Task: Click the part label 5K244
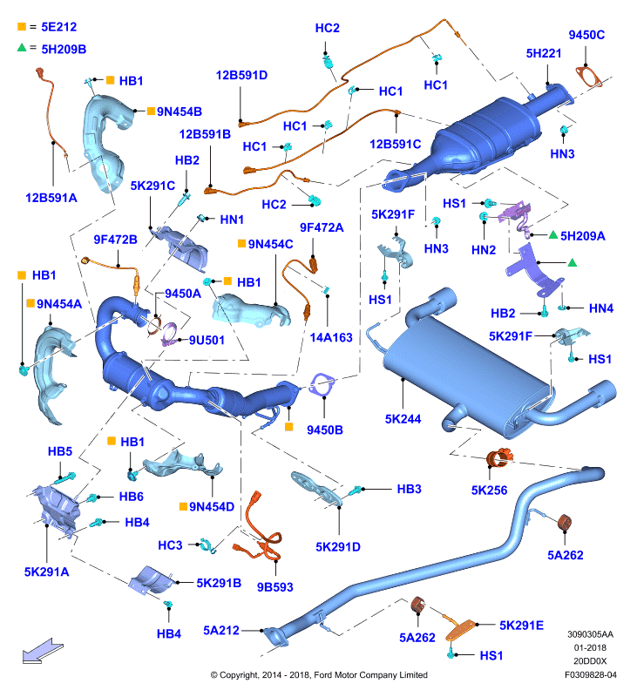click(403, 419)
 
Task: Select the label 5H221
click(543, 53)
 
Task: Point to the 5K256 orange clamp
click(499, 458)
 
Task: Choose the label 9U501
click(207, 340)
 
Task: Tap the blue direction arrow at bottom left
click(43, 651)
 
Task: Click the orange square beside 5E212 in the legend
click(21, 27)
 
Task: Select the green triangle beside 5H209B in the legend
click(22, 47)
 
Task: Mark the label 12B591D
click(241, 75)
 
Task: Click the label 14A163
click(331, 337)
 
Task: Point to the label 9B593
click(275, 587)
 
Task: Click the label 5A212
click(221, 630)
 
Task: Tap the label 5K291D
click(338, 547)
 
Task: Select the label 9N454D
click(212, 507)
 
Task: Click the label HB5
click(60, 451)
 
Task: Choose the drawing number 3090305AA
click(590, 634)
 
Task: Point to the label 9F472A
click(322, 227)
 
